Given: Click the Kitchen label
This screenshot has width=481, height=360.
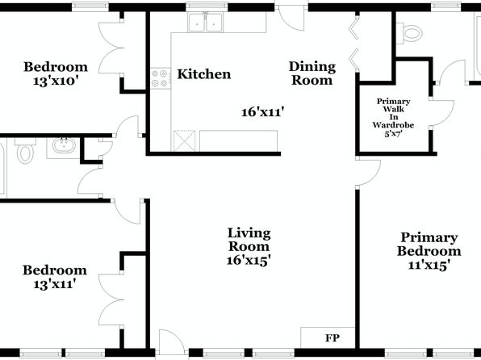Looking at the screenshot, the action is [204, 74].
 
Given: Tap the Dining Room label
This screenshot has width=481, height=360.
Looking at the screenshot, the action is [312, 73].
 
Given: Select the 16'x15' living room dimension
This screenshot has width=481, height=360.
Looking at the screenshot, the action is [249, 260].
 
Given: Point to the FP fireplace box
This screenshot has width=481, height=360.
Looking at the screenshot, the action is [328, 337].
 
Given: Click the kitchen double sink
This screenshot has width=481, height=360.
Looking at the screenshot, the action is [206, 23].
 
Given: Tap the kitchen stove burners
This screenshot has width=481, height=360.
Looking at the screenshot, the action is [161, 78].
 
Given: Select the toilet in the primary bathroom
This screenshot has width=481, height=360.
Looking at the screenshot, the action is [408, 33].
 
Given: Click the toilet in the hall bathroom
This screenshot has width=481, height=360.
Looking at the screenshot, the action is [25, 151].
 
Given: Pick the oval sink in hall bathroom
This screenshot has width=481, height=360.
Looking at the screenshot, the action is [64, 145].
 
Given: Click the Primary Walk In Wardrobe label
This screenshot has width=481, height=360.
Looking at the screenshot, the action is [393, 113].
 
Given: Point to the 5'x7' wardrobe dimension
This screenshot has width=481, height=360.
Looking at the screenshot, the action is [393, 134].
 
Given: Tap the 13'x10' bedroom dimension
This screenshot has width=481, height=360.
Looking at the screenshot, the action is [54, 82].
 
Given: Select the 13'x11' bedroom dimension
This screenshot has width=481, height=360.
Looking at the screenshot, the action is [54, 284].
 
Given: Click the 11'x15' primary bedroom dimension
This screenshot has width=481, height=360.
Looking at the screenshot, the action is [429, 265].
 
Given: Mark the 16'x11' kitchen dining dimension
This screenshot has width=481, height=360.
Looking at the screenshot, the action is [261, 112].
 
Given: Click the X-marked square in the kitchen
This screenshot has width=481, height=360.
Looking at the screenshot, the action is [184, 141].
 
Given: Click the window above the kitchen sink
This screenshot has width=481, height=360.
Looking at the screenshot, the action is [207, 6].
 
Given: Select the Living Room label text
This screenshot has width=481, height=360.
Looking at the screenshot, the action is [249, 240].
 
